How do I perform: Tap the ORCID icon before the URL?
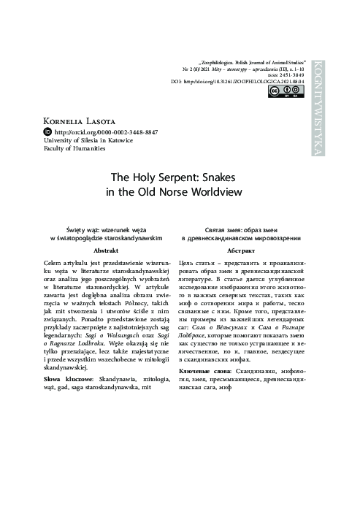49,131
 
